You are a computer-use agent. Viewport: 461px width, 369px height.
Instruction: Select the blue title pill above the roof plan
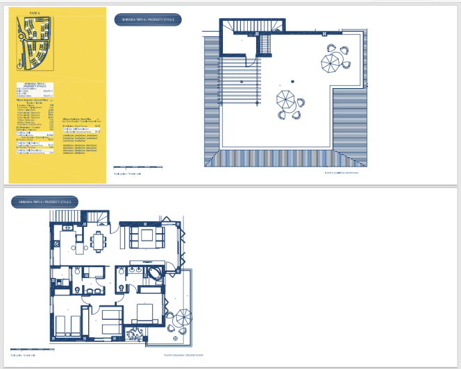click(x=149, y=19)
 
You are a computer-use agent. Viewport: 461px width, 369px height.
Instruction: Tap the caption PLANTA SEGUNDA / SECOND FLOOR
click(x=182, y=354)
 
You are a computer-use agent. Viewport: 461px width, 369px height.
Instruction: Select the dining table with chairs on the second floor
click(x=99, y=241)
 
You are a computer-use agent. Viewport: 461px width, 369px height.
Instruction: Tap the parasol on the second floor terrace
click(x=183, y=318)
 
